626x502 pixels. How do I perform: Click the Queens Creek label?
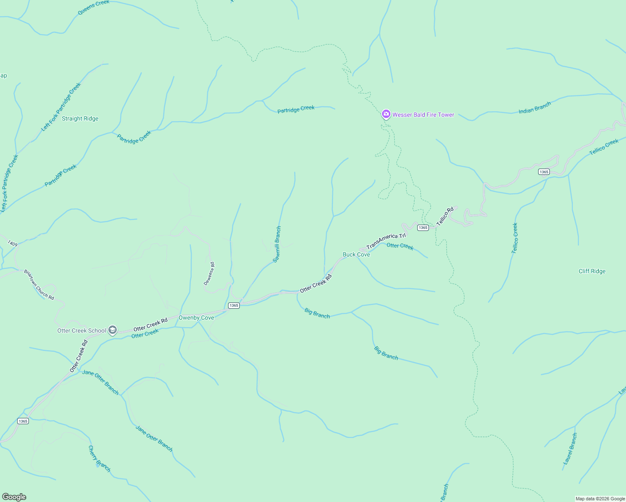[x=94, y=8]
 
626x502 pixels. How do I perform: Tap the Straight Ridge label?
[x=80, y=118]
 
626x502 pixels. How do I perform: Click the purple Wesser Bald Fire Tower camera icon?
[x=386, y=114]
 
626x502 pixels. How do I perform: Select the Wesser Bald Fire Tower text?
[x=423, y=115]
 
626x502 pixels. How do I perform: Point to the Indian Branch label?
[x=534, y=108]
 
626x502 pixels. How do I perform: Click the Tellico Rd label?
[x=445, y=216]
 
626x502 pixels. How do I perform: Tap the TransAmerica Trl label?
[x=386, y=241]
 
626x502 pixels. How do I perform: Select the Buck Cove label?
[x=356, y=254]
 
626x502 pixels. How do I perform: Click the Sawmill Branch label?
[x=277, y=244]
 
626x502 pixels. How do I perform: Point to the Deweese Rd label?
[x=209, y=274]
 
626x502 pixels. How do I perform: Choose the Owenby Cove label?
[x=196, y=318]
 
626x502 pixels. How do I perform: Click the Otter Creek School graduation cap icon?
[x=112, y=330]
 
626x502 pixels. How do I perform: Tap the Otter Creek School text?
[x=82, y=330]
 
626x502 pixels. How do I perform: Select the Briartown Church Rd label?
[x=39, y=284]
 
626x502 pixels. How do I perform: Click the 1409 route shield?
[x=13, y=243]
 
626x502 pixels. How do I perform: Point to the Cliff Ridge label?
[x=592, y=271]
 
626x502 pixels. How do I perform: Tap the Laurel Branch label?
[x=570, y=449]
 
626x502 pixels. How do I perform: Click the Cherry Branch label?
[x=99, y=458]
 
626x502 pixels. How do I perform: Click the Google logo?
[x=14, y=497]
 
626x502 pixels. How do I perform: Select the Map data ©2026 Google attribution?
[x=600, y=499]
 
